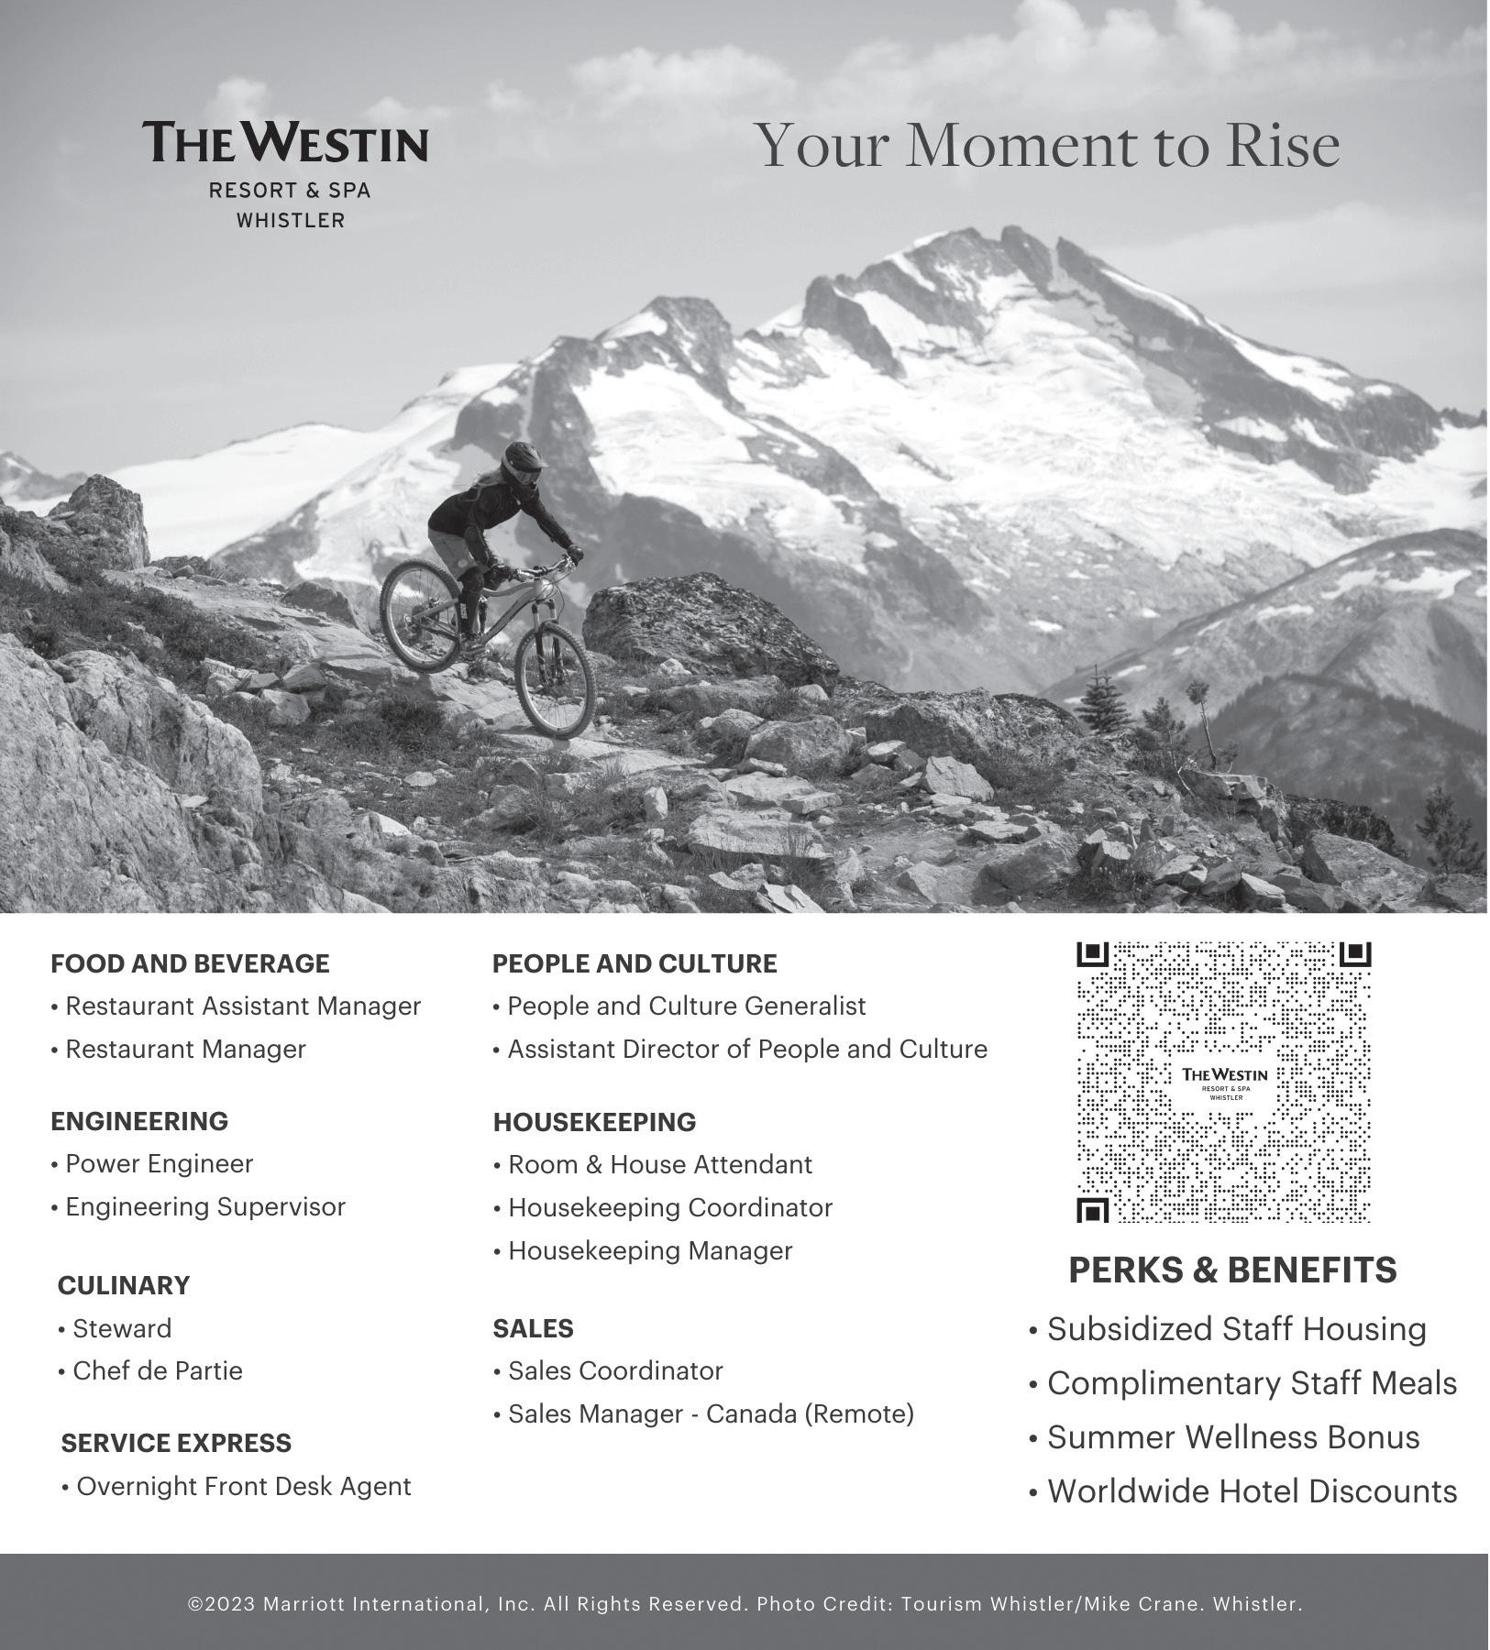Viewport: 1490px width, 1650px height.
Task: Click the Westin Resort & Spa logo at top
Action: click(x=285, y=171)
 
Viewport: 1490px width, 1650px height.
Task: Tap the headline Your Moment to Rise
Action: click(x=1050, y=146)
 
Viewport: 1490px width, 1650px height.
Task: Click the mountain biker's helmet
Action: click(x=523, y=461)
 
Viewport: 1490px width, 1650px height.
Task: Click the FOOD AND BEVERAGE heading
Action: click(x=190, y=963)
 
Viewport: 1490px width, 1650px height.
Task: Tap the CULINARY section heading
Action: click(x=124, y=1285)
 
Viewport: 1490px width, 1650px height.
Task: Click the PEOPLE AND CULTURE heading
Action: click(x=635, y=963)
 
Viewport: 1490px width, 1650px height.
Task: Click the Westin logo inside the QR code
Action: click(x=1224, y=1082)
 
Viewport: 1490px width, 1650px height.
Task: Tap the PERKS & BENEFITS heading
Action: click(x=1232, y=1270)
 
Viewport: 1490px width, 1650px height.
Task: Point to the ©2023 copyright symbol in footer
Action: click(x=194, y=1605)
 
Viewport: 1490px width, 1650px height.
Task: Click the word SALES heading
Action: click(x=533, y=1328)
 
